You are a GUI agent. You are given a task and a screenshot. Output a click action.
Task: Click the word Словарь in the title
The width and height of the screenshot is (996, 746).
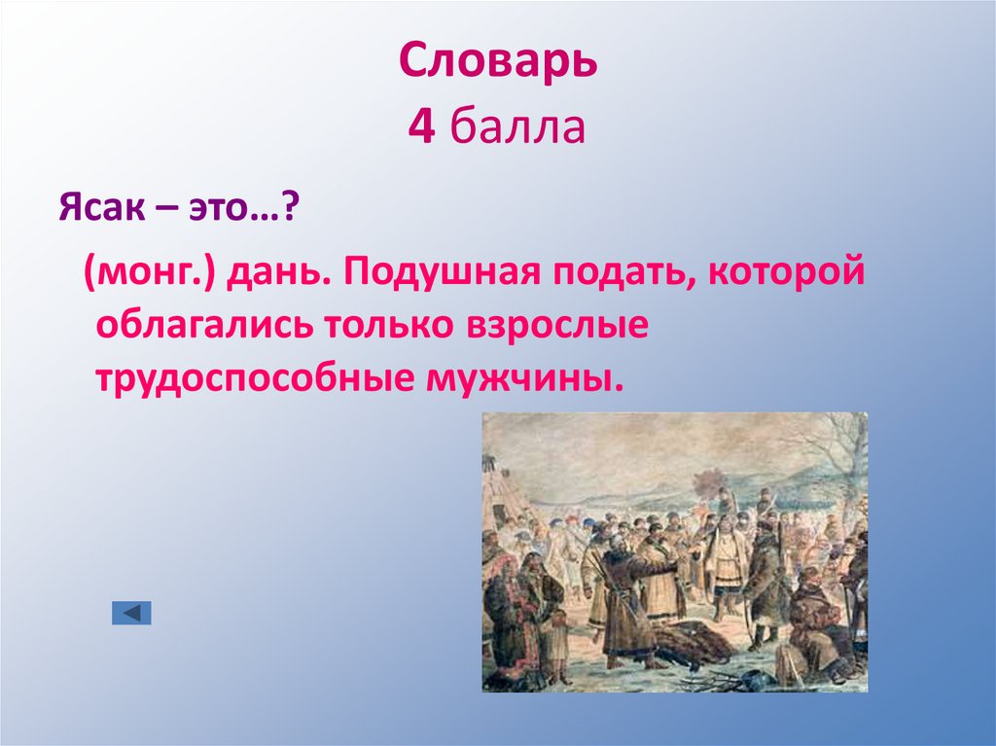(497, 63)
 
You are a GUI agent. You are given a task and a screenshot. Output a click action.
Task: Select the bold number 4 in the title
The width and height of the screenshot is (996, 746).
(420, 127)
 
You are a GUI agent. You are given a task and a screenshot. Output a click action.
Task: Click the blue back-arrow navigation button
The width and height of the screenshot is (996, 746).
(131, 613)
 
